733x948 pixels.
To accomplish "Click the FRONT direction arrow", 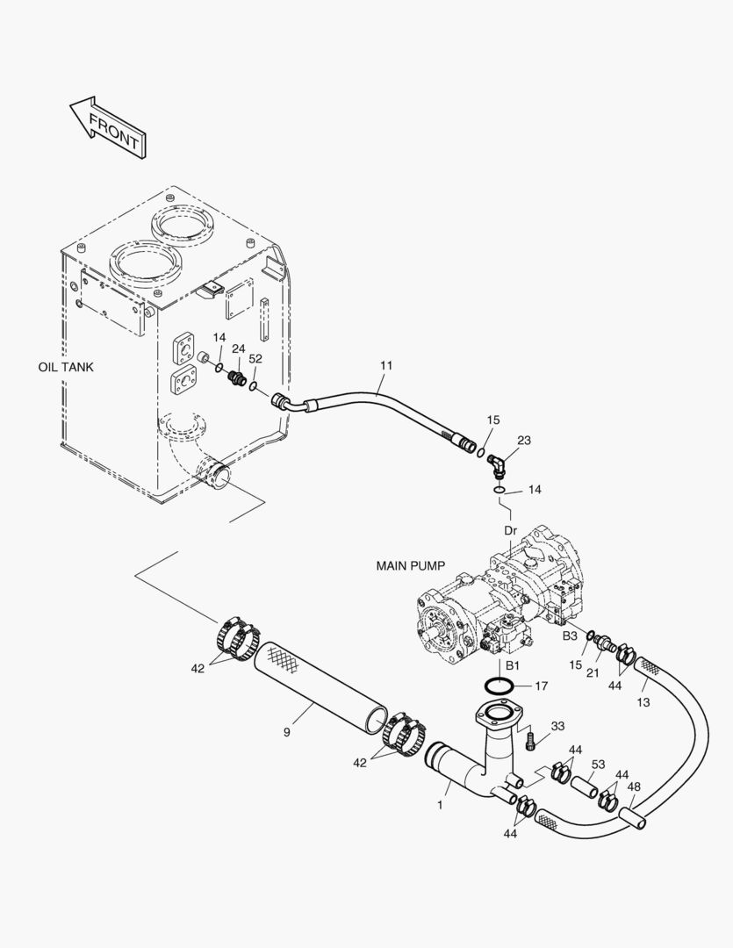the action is tap(109, 128).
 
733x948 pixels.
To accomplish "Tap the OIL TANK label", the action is tap(66, 367).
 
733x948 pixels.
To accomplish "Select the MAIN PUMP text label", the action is tap(411, 566).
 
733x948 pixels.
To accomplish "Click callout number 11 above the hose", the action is tap(386, 365).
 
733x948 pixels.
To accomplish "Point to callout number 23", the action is tap(524, 440).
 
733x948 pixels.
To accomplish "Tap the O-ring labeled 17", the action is tap(499, 686).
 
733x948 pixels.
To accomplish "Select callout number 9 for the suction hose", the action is tap(287, 732).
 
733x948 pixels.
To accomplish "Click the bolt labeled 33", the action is tap(531, 740).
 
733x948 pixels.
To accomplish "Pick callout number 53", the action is tap(598, 765).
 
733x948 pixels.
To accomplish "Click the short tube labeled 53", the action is tap(585, 786).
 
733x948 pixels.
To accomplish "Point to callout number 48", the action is tap(634, 786).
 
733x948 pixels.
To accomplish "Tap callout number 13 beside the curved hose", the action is tap(643, 702).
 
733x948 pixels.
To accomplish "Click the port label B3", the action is tap(571, 636).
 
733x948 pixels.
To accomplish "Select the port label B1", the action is tap(513, 665).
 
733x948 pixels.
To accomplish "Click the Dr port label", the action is tap(511, 531).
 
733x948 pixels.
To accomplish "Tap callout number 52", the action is tap(255, 358).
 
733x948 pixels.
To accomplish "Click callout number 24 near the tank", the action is tap(239, 348).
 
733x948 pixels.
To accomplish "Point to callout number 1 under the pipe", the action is tap(441, 805).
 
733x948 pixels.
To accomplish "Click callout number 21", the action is tap(593, 671).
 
